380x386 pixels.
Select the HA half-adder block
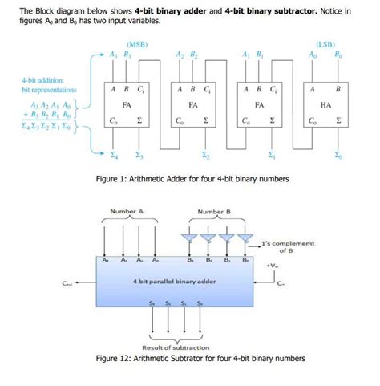pos(325,105)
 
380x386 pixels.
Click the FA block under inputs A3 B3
pos(127,105)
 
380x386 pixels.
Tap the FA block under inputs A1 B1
pos(260,105)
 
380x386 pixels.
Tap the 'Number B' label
pos(214,213)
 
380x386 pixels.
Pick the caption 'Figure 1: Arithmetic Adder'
pos(190,178)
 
